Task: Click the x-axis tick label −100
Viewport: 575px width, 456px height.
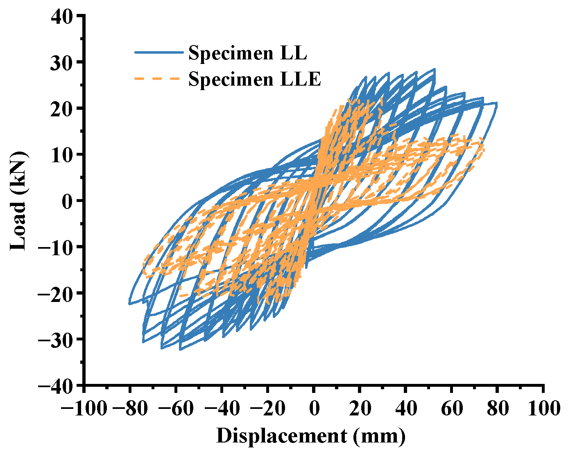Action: point(84,408)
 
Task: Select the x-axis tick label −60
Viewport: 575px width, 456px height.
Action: point(176,408)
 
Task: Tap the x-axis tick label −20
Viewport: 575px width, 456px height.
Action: point(268,408)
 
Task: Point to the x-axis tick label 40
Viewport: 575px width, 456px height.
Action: point(405,408)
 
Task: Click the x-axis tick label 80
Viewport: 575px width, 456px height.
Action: point(498,408)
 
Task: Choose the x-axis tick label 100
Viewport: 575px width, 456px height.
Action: point(543,408)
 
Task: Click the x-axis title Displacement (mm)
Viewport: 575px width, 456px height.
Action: point(311,436)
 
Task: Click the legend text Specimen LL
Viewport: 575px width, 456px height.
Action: point(247,53)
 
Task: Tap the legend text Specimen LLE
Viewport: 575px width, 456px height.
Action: point(254,79)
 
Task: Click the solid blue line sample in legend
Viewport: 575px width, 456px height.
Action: point(158,52)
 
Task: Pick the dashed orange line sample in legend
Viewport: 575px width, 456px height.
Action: point(158,78)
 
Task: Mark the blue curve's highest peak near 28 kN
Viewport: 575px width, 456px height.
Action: point(434,69)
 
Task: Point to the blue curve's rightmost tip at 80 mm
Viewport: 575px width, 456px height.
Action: point(496,104)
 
